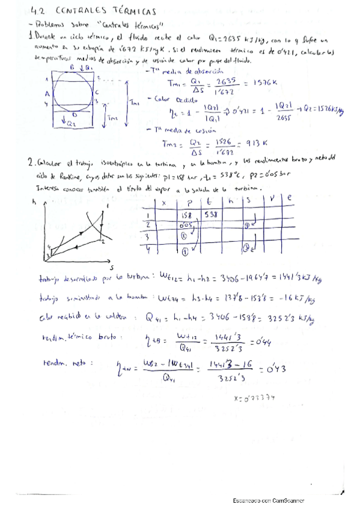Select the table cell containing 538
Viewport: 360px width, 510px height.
coord(209,214)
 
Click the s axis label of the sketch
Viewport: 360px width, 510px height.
coord(112,265)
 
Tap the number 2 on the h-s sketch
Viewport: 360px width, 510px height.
coord(103,241)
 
